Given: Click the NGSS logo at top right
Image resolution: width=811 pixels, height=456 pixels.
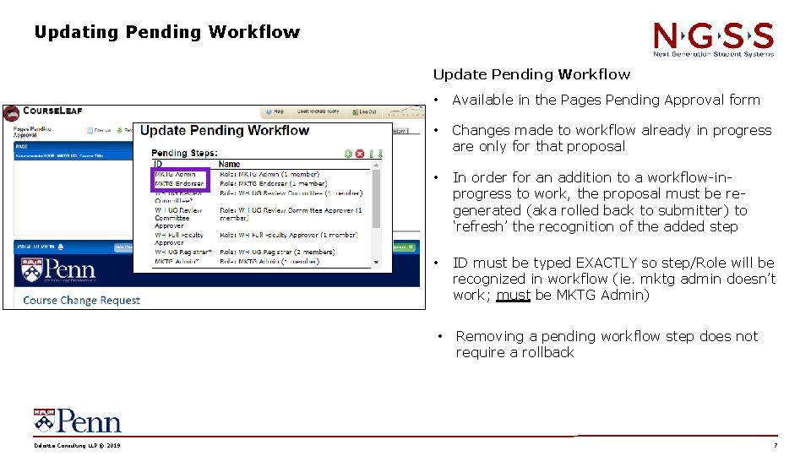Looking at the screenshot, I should coord(713,39).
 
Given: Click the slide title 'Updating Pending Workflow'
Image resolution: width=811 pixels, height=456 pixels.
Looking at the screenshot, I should coord(166,32).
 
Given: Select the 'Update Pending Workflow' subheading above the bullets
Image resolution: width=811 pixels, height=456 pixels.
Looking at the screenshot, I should coord(531,74).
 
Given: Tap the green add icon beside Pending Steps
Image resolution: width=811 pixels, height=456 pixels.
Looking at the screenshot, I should coord(348,153).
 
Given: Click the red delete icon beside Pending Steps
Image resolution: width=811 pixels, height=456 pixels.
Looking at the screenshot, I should coord(359,153).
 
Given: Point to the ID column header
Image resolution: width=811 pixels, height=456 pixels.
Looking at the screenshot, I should coord(157,164).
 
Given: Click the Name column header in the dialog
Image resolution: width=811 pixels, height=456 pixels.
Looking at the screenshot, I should coord(228,164).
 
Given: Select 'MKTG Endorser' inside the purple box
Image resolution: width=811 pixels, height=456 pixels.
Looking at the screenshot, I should coord(178,183).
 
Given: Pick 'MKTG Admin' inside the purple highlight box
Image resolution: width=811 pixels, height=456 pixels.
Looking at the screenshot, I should coord(176,174).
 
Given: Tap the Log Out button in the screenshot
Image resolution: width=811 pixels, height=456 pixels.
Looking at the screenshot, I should coord(366,111).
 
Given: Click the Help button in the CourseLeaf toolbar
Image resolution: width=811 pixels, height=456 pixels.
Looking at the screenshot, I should coord(275,111).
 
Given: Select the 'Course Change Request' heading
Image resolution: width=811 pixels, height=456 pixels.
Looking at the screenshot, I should coord(81,300).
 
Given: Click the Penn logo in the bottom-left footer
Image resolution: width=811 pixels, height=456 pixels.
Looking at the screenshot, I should coord(77,421).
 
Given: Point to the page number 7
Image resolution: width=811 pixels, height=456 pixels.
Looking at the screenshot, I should coord(775,445).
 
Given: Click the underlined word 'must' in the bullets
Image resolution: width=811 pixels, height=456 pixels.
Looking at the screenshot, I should coord(514,296).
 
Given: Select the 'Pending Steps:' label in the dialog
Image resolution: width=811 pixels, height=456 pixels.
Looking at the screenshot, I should coord(183,153).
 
